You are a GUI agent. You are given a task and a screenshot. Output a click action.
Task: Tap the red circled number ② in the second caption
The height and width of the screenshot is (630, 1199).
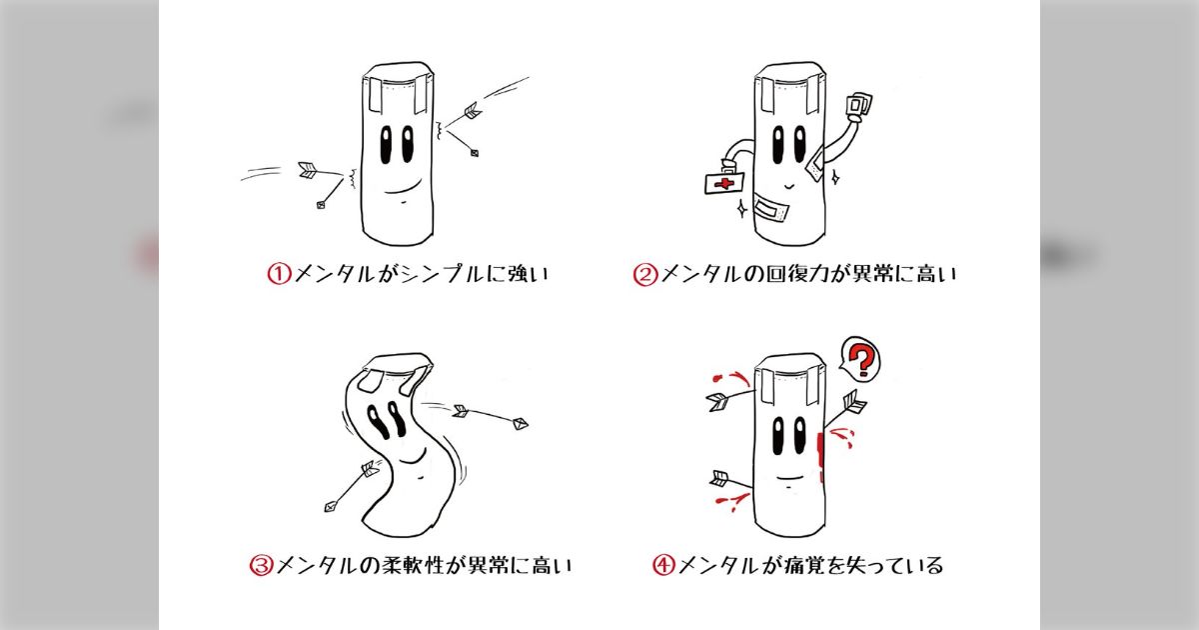644,273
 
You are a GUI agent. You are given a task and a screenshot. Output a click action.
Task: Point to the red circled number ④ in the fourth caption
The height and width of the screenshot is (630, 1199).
664,566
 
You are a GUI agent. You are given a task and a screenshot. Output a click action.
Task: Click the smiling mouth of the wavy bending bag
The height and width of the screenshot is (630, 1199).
411,459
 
